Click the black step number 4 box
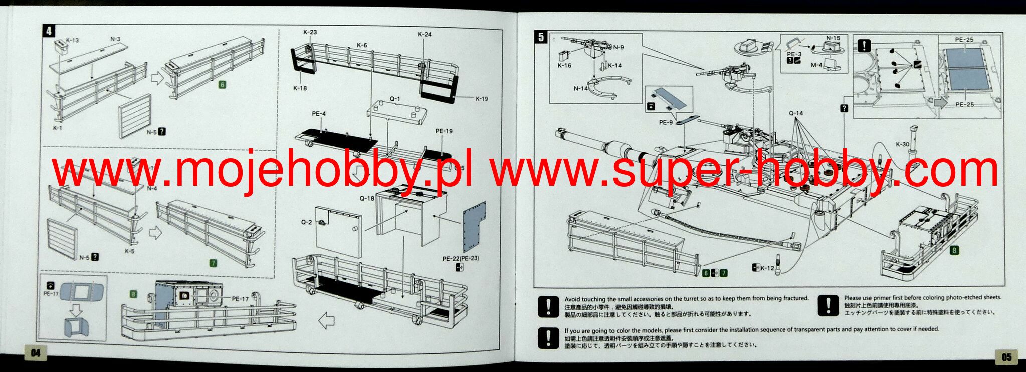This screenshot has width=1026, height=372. (49, 31)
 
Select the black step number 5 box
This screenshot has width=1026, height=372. (541, 37)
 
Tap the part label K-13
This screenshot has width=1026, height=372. (72, 40)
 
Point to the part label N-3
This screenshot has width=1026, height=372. (115, 39)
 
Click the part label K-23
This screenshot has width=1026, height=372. (310, 32)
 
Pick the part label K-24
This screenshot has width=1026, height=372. (424, 34)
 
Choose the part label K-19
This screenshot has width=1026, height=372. (481, 99)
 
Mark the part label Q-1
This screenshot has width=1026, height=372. (395, 99)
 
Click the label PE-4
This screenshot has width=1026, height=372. (319, 114)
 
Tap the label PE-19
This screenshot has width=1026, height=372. (444, 131)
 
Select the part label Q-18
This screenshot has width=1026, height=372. (367, 198)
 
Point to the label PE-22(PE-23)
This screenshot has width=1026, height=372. (460, 259)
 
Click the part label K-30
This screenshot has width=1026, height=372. (902, 144)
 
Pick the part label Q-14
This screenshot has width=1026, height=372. (795, 113)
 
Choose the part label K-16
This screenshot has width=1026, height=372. (564, 66)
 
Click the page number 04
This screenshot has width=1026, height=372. (35, 353)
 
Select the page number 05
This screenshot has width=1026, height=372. (1006, 357)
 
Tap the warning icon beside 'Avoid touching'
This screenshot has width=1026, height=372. (548, 306)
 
